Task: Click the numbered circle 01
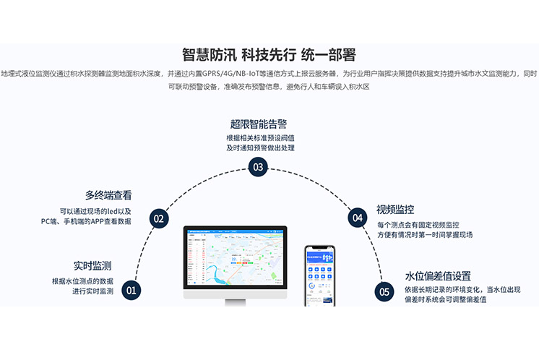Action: pos(131,291)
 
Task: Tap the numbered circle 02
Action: pos(158,218)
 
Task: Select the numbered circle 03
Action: pos(258,168)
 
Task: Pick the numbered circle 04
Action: pos(357,217)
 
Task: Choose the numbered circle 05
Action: pos(384,291)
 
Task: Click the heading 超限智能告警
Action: pos(258,124)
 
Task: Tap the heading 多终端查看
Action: pos(108,195)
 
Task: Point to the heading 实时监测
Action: pos(92,265)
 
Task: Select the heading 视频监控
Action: pos(395,210)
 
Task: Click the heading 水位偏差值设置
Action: pos(438,275)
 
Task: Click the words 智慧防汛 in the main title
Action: pos(208,55)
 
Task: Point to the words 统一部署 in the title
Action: pos(329,55)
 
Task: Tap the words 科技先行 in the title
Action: pos(269,55)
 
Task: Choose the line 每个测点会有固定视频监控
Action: pos(418,226)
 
